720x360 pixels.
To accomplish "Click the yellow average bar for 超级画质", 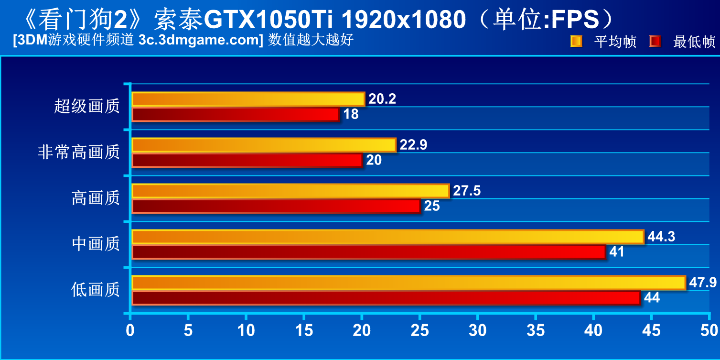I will click(x=248, y=99).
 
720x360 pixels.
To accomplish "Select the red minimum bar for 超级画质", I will click(x=235, y=114).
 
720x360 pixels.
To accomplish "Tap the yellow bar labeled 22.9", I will click(x=264, y=145).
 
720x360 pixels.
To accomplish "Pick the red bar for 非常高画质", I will click(x=247, y=160).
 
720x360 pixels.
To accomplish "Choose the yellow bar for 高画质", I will click(x=290, y=191).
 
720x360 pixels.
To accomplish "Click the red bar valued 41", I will click(x=369, y=252).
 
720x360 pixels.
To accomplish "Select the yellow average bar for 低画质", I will click(x=408, y=283).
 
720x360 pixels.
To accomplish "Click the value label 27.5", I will click(x=467, y=191).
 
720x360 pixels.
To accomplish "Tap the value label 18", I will click(x=351, y=115).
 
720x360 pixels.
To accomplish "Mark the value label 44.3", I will click(x=661, y=237).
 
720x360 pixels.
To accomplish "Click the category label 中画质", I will click(x=96, y=244).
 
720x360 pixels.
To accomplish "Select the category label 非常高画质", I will click(x=78, y=153).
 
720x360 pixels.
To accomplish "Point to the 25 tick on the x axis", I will click(x=419, y=330).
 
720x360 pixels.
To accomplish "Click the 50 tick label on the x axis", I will click(x=709, y=330).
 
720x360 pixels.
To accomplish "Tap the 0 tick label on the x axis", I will click(x=130, y=330).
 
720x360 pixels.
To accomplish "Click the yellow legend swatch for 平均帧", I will click(x=576, y=42).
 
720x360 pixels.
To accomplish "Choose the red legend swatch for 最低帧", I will click(x=655, y=42).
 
